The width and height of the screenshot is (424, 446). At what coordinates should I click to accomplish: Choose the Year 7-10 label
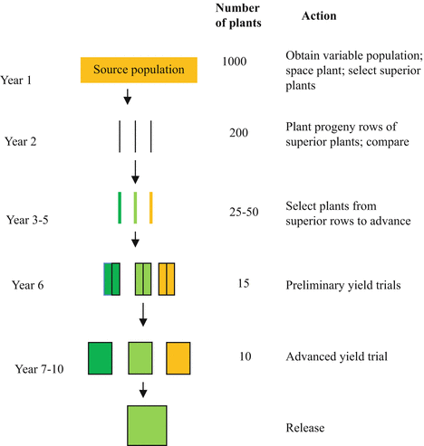[41, 369]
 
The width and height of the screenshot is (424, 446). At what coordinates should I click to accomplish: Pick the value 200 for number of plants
[239, 132]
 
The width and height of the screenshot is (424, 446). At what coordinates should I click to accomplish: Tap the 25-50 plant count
[239, 211]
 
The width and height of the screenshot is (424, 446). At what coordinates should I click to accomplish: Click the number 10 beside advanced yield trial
[239, 356]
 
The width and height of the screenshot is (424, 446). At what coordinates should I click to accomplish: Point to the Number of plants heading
[239, 16]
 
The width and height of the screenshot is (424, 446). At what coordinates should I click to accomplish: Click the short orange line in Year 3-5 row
[151, 206]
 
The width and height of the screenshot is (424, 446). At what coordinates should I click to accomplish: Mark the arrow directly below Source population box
[127, 97]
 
